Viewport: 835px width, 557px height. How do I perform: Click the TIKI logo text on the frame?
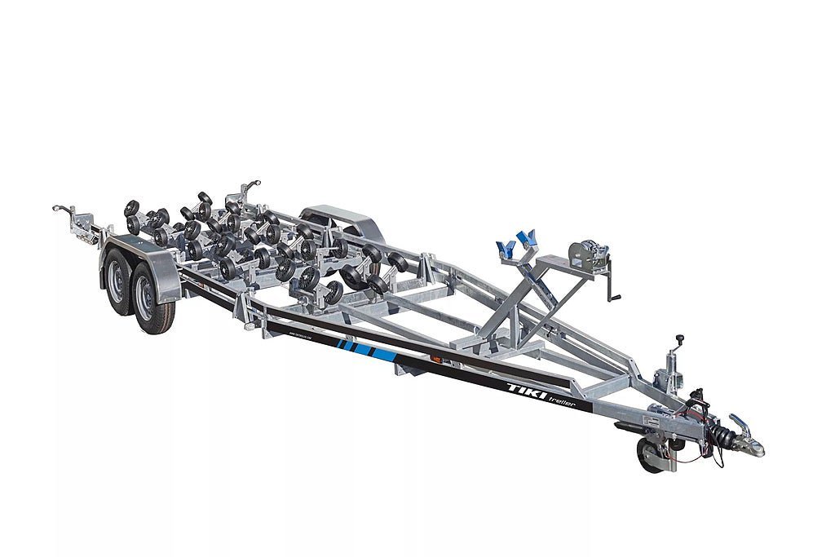pos(523,388)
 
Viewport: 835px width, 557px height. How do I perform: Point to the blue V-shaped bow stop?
pos(515,243)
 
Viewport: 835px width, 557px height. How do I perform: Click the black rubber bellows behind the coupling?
pos(718,434)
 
